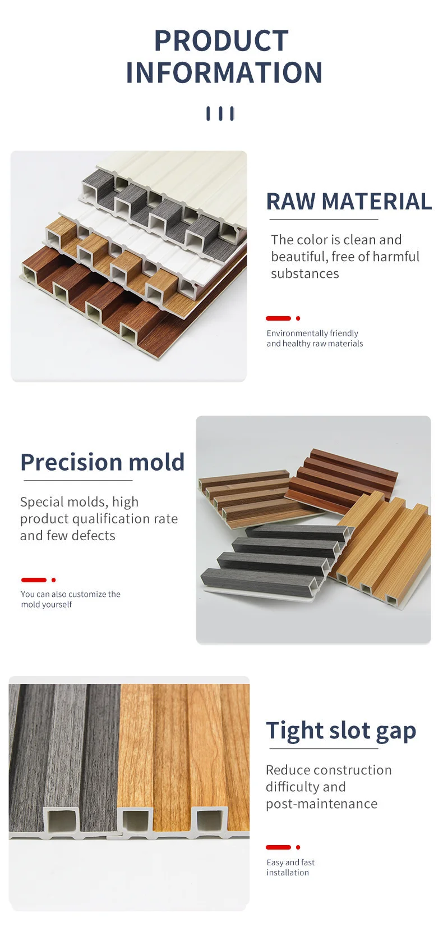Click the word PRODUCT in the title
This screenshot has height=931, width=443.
click(x=221, y=41)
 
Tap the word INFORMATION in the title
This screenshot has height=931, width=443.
click(x=224, y=73)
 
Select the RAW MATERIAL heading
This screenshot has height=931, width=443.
click(x=349, y=202)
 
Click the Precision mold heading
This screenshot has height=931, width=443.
click(x=103, y=462)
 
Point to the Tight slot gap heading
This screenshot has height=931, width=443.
click(x=341, y=731)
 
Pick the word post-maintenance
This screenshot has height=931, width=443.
click(x=321, y=804)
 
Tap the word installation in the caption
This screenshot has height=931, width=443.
click(x=288, y=873)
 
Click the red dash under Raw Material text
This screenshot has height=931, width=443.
click(x=278, y=318)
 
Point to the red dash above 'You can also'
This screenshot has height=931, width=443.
click(x=34, y=580)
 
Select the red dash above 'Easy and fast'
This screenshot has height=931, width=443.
click(x=278, y=847)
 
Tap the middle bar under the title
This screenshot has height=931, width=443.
click(x=220, y=113)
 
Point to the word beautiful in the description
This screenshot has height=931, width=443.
click(x=298, y=257)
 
